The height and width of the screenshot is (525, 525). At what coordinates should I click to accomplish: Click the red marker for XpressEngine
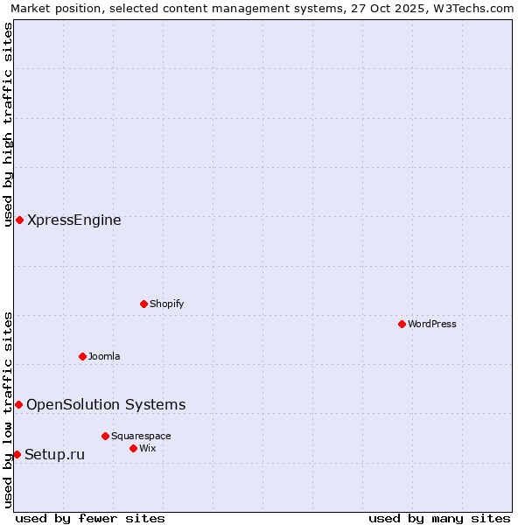click(19, 220)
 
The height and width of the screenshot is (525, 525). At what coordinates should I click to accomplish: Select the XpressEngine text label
click(74, 220)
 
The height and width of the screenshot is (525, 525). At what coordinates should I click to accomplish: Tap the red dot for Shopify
click(143, 304)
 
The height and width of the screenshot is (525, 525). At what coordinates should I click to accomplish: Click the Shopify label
click(167, 304)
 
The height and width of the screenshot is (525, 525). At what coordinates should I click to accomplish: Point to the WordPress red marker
click(402, 324)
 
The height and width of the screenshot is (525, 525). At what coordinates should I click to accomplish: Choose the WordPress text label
click(432, 325)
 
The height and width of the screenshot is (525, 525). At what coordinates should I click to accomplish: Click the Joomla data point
click(82, 356)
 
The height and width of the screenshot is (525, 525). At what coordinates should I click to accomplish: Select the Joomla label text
click(104, 357)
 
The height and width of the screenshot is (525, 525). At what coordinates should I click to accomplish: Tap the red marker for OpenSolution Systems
click(18, 404)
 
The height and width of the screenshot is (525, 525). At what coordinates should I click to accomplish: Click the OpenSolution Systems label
click(106, 404)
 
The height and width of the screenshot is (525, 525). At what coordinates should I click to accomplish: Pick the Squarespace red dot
click(105, 436)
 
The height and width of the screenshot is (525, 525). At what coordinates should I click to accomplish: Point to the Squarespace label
click(141, 437)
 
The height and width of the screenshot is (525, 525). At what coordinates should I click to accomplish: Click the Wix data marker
click(133, 448)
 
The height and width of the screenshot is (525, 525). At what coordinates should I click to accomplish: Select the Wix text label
click(148, 449)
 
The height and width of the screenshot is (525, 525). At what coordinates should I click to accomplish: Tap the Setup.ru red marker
click(17, 454)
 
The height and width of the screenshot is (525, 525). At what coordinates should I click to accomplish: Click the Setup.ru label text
click(55, 455)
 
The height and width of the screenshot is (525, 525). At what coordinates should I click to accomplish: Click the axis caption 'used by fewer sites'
click(90, 518)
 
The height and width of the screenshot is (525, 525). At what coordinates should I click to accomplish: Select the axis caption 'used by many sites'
click(439, 518)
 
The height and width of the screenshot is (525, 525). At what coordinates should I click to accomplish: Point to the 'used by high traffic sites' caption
click(8, 124)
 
